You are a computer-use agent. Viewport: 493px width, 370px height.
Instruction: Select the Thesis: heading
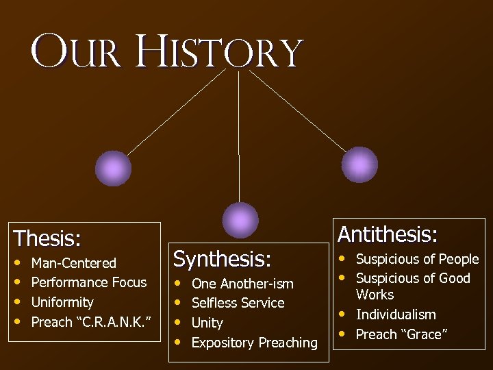pos(47,238)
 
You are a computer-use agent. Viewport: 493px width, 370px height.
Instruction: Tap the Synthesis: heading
pos(222,259)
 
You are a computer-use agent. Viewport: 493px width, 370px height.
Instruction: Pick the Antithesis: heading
pos(387,234)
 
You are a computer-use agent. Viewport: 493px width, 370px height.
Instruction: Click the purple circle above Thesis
pos(113,168)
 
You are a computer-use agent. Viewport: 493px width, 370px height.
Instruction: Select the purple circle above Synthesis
pos(241,220)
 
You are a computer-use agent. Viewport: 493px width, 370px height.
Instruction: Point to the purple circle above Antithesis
pos(359,164)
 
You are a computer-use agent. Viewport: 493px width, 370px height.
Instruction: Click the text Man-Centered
pos(74,263)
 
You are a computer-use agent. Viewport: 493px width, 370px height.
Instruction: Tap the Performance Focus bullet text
pos(89,282)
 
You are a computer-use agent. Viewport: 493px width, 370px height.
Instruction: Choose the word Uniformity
pos(62,302)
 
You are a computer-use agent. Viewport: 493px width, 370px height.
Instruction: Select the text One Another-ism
pos(242,284)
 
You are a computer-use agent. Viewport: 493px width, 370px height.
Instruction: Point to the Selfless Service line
pos(238,303)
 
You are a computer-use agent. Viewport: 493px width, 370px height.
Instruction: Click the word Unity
pos(207,323)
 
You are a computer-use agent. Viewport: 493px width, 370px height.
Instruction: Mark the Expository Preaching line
pos(255,343)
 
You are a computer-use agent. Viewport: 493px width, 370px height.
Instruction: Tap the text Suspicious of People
pos(417,259)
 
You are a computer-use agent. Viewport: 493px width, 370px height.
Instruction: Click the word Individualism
pos(396,314)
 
